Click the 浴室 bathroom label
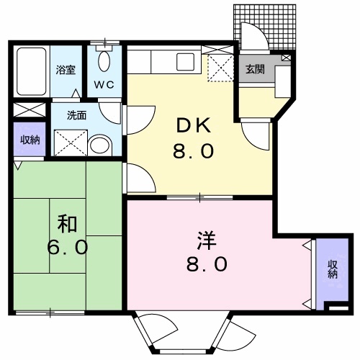click(66, 70)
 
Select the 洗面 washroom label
click(76, 114)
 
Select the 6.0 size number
click(68, 247)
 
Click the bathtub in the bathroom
click(30, 72)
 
